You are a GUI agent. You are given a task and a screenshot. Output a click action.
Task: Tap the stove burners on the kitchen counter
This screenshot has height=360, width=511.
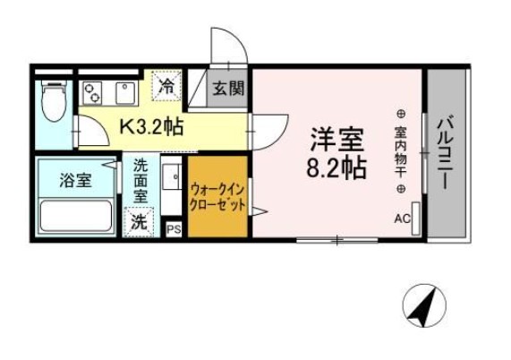pyautogui.click(x=92, y=90)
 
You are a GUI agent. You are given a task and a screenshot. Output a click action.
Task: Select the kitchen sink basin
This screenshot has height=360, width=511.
pyautogui.click(x=123, y=90)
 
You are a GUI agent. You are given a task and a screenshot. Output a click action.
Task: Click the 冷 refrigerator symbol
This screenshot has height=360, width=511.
pyautogui.click(x=166, y=86)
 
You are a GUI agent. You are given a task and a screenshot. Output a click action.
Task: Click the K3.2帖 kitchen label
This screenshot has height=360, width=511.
pyautogui.click(x=151, y=126)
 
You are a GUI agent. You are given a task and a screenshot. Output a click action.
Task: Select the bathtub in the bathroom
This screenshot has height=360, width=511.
pyautogui.click(x=74, y=216)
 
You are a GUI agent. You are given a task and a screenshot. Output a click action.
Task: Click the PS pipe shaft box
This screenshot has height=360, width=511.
pyautogui.click(x=175, y=230)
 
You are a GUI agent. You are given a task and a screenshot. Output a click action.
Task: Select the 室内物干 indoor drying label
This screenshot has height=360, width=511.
pyautogui.click(x=400, y=152)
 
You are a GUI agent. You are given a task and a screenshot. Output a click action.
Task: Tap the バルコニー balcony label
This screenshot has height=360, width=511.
pyautogui.click(x=445, y=151)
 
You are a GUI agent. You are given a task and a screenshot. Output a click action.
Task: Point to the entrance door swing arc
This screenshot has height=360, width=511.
pyautogui.click(x=226, y=45)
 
